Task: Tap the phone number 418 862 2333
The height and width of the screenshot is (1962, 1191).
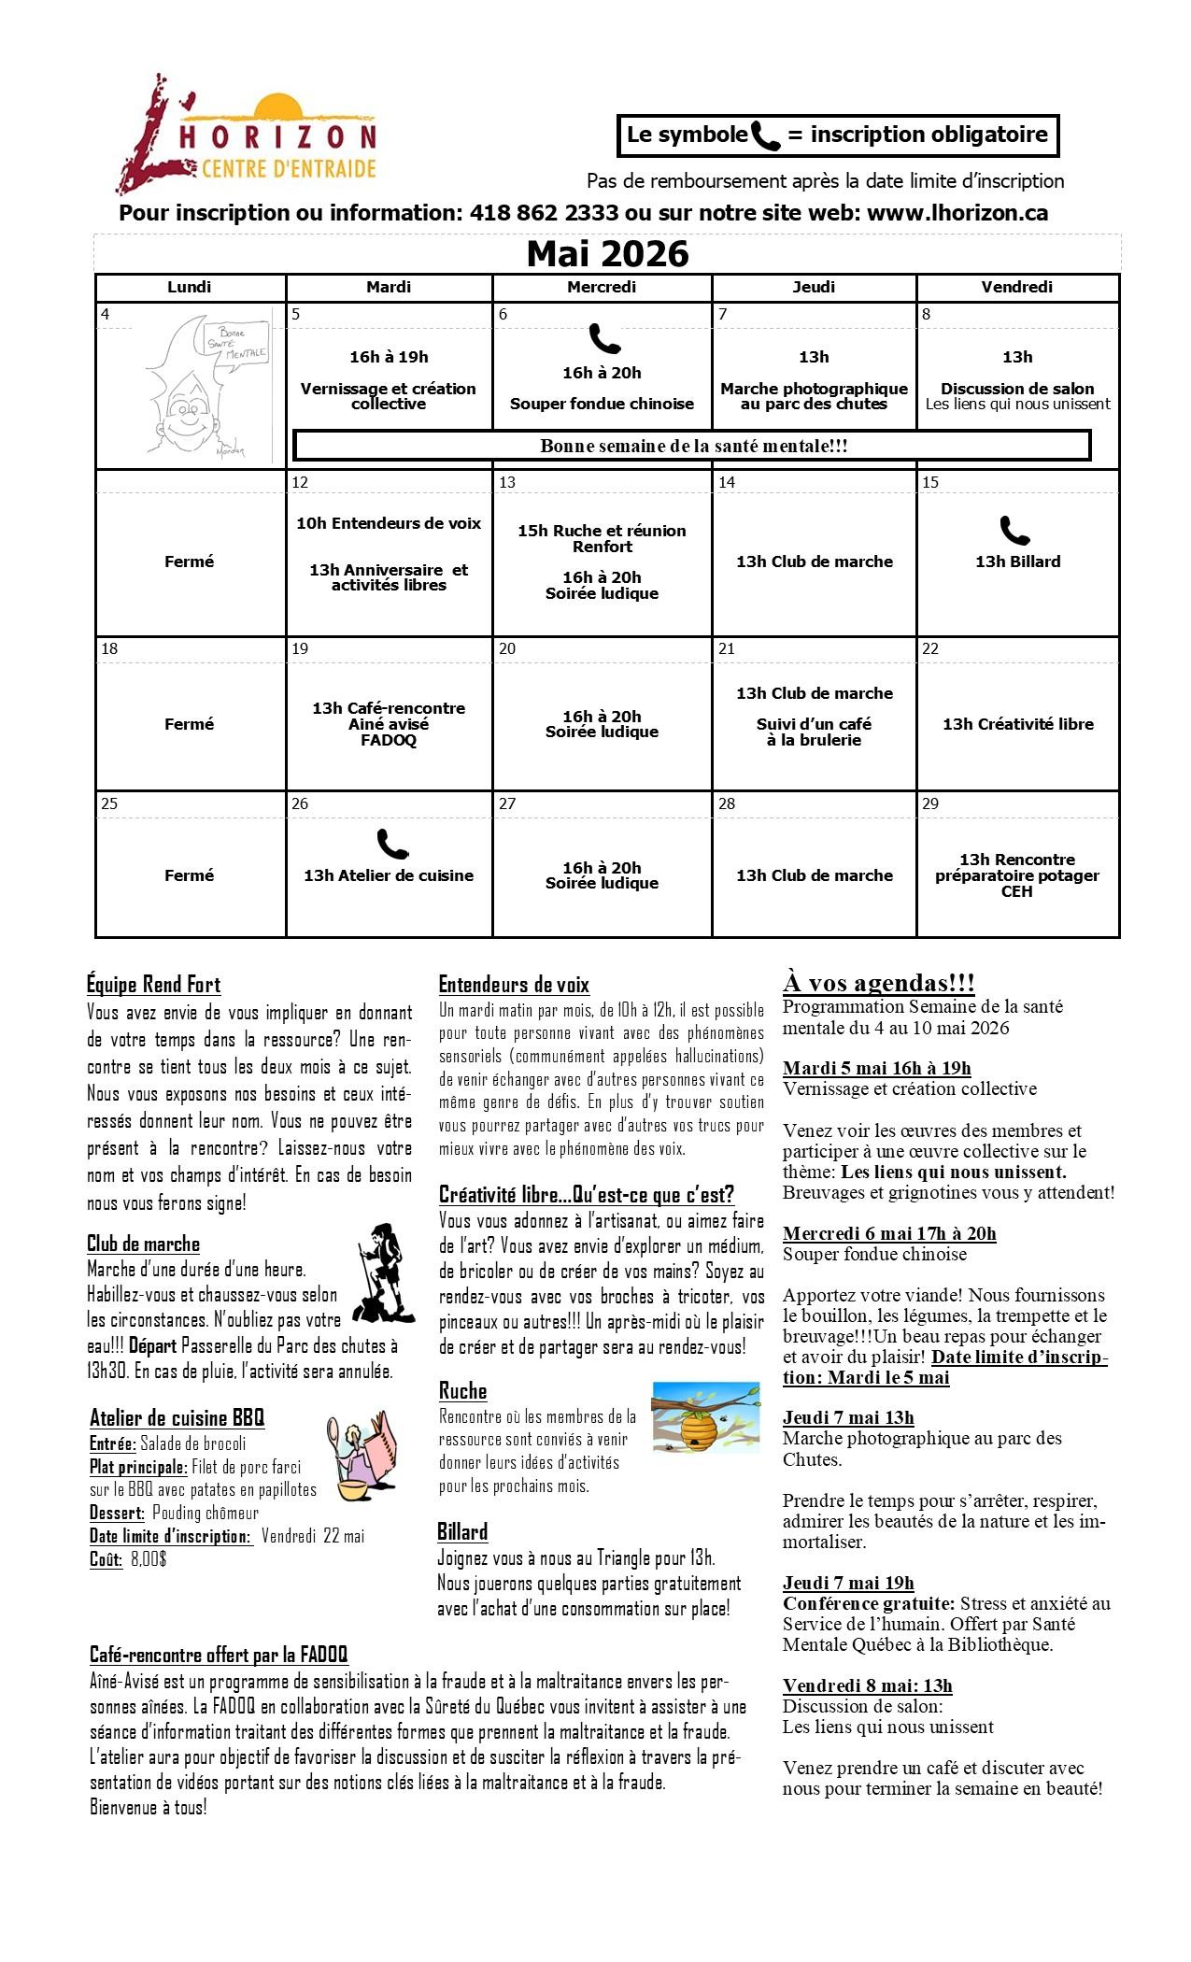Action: click(544, 213)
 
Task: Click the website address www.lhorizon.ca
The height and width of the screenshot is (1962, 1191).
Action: click(957, 213)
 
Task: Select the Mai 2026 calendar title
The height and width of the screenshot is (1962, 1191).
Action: click(607, 254)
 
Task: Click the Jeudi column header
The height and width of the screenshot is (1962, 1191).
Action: click(814, 287)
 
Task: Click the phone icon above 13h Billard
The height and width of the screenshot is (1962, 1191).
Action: click(1014, 531)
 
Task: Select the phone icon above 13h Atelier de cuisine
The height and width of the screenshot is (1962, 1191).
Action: click(392, 844)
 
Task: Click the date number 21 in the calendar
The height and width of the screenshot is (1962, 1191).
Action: click(727, 648)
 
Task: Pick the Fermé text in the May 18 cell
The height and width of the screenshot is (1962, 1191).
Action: click(189, 724)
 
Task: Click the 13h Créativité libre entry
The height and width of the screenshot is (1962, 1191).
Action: click(1017, 724)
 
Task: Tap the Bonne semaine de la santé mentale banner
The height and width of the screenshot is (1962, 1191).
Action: click(693, 446)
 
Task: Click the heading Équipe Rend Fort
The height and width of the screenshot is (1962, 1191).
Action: click(153, 985)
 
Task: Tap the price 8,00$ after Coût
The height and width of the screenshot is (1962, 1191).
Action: click(148, 1558)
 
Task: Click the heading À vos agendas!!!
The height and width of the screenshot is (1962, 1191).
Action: click(878, 983)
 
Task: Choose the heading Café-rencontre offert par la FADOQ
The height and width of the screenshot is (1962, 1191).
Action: click(219, 1655)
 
